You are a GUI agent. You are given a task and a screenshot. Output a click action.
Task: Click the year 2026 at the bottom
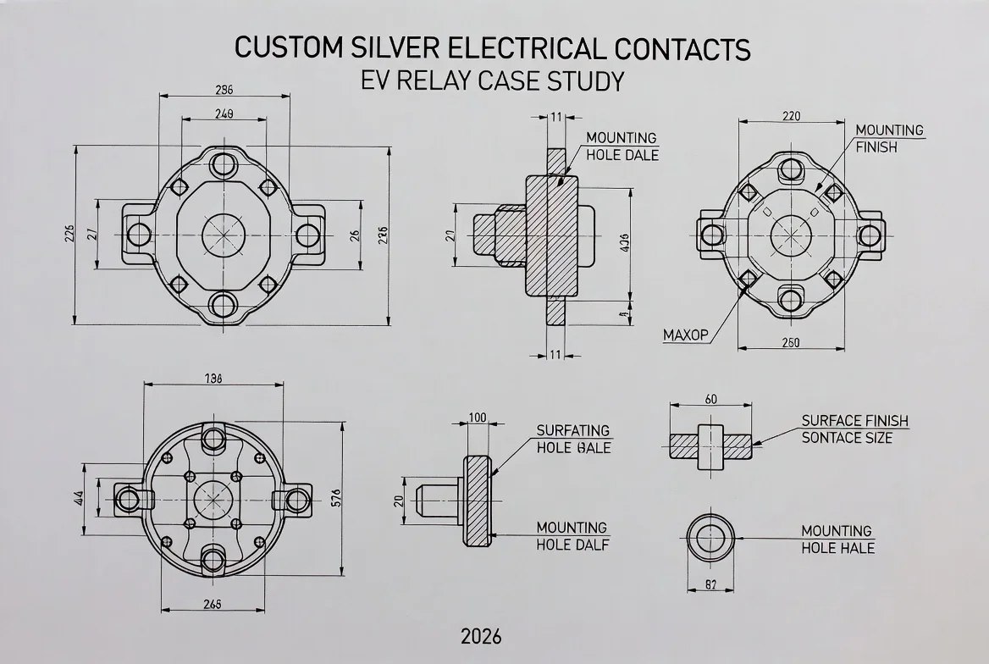(x=481, y=635)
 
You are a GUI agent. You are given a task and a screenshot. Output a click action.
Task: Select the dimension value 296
(x=224, y=90)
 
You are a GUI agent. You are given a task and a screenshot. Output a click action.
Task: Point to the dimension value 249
(x=224, y=113)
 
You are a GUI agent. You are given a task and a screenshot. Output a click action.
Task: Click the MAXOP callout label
(x=685, y=335)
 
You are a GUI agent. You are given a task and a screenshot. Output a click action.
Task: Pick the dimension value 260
(x=791, y=343)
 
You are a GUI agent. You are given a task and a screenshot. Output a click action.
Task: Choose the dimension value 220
(x=791, y=117)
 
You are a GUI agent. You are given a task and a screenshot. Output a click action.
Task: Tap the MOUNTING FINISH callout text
(x=888, y=138)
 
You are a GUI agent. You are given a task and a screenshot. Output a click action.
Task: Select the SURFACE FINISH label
(x=854, y=421)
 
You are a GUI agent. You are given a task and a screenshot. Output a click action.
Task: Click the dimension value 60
(x=710, y=399)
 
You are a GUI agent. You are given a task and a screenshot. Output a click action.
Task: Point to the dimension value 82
(x=711, y=585)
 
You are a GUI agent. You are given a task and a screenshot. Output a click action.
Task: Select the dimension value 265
(x=213, y=604)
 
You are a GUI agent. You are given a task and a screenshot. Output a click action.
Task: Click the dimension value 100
(x=477, y=417)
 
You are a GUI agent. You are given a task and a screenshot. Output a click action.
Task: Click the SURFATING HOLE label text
(x=572, y=439)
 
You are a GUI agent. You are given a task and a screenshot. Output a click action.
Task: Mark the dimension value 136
(x=213, y=379)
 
